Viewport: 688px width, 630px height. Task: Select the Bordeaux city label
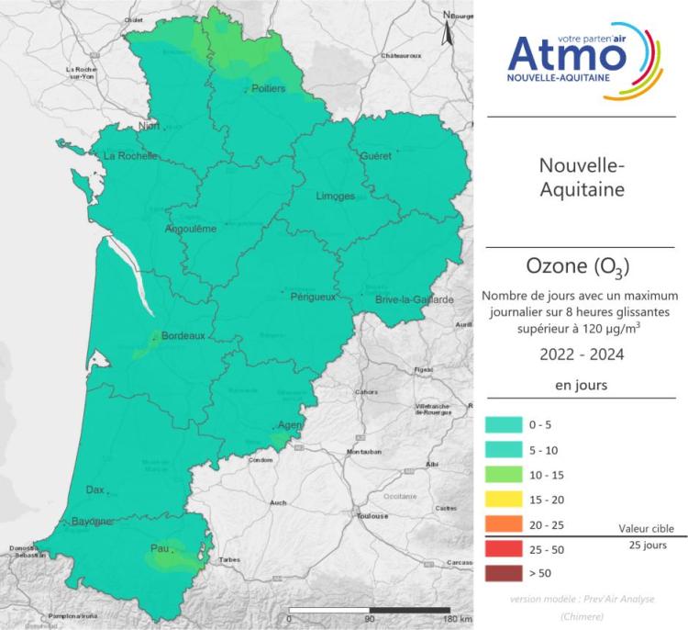[183, 337]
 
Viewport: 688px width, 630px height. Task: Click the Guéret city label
[376, 156]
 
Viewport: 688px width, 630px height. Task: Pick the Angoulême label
[190, 229]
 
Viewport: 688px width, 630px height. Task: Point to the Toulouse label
[372, 516]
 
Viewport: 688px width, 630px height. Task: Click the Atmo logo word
[567, 55]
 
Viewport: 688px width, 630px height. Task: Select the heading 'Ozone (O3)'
[578, 267]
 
